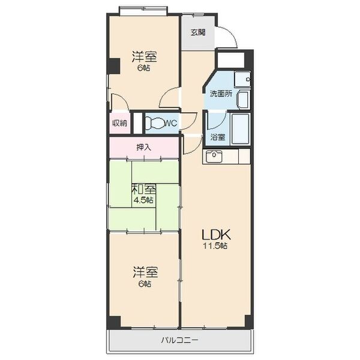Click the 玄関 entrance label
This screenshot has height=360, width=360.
(x=198, y=32)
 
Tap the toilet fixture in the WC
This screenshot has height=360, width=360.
(x=156, y=124)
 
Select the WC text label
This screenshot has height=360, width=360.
(x=171, y=124)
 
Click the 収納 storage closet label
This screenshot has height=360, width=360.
(x=119, y=124)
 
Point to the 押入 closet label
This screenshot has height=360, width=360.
(x=144, y=148)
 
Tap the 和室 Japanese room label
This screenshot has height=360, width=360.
(x=144, y=190)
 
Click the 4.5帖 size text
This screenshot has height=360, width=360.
(x=144, y=200)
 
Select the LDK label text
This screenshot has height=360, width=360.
(x=215, y=235)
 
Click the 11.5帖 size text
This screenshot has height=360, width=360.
(x=215, y=246)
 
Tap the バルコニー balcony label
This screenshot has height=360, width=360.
(x=179, y=340)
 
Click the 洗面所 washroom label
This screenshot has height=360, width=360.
(x=221, y=94)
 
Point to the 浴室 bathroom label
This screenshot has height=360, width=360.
(x=218, y=137)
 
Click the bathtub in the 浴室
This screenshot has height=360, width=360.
(x=241, y=128)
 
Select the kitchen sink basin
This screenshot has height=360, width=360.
(x=214, y=157)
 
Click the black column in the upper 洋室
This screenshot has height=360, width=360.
(x=114, y=66)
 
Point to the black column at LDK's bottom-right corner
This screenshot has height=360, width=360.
(x=248, y=322)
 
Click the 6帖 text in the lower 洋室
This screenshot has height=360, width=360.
(x=145, y=284)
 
